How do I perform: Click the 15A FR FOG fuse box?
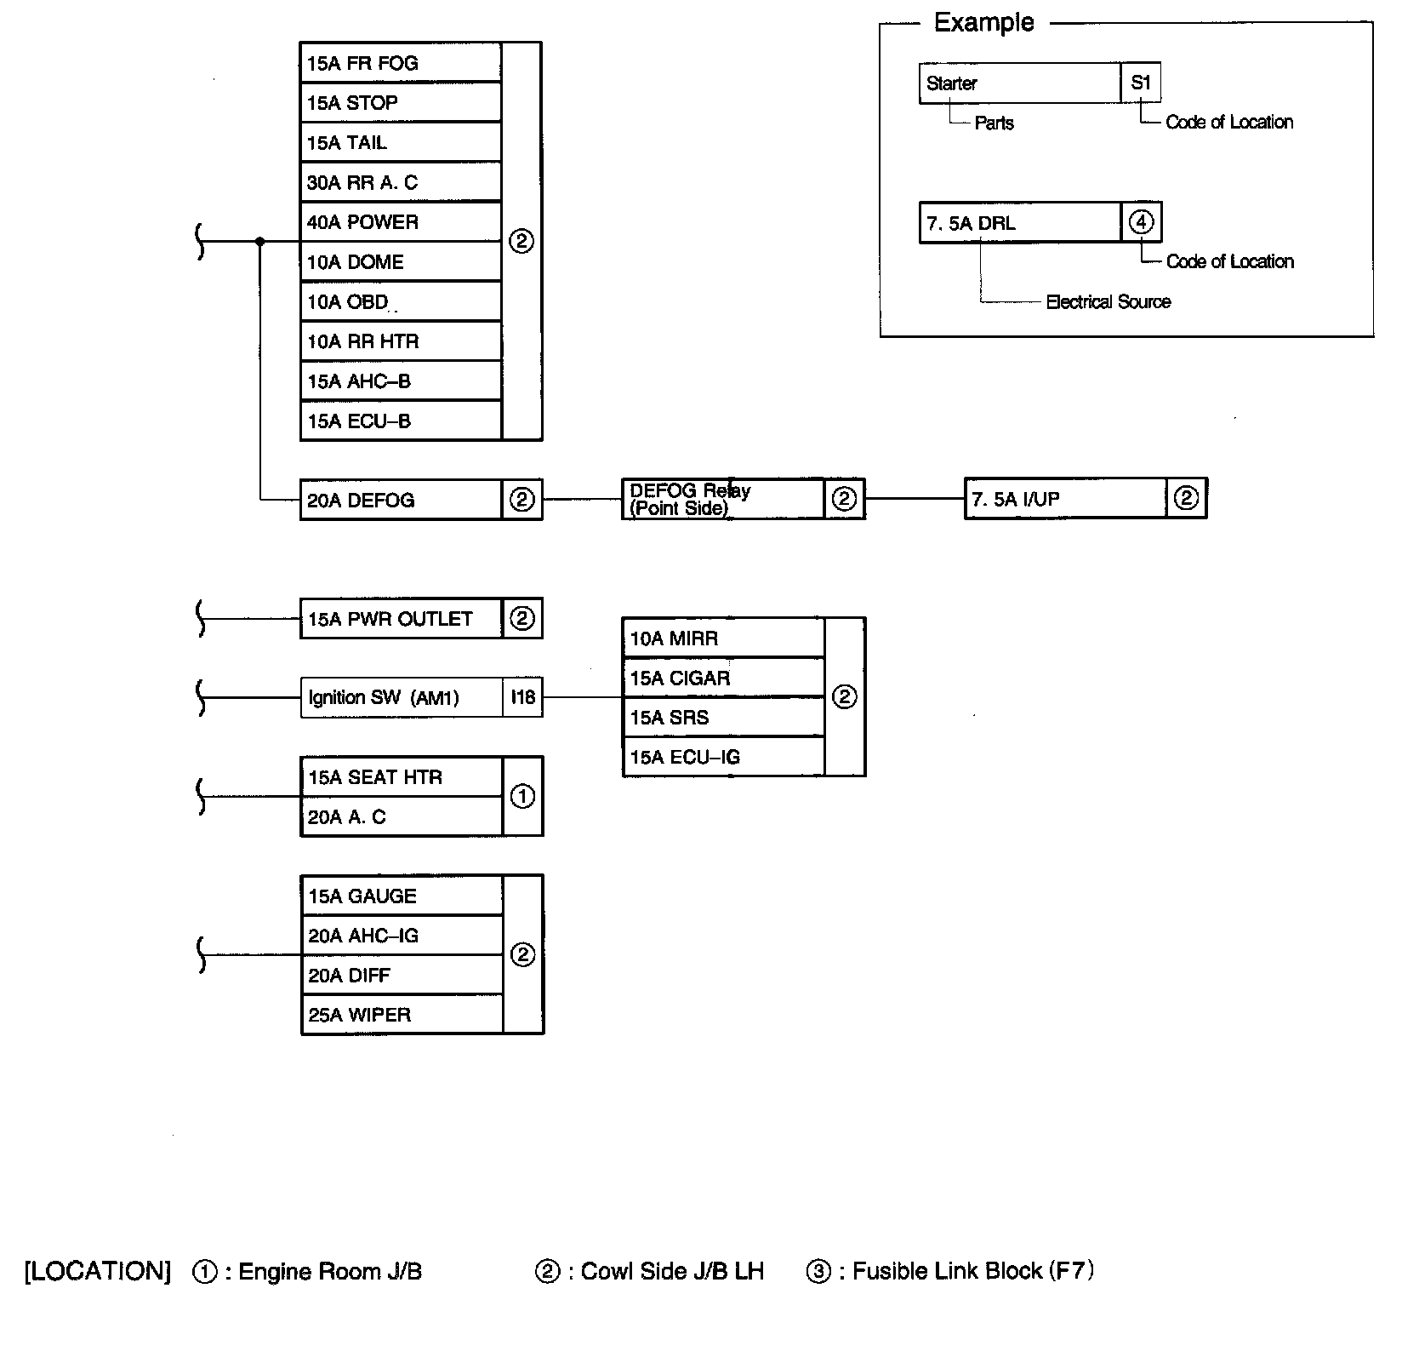[401, 63]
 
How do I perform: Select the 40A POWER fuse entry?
[401, 222]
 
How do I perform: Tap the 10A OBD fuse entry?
[401, 302]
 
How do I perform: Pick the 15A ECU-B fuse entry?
[401, 421]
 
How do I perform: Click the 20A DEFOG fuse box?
[401, 500]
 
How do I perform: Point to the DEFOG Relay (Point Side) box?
[723, 500]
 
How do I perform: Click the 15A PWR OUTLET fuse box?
[401, 619]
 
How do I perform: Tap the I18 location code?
[522, 698]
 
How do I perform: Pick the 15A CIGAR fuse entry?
[723, 678]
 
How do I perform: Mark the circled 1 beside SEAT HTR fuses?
[522, 797]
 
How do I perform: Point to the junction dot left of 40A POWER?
[260, 242]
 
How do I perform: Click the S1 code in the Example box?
[1141, 83]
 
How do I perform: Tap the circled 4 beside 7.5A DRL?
[1141, 222]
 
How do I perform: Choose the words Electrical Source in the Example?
[1108, 301]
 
